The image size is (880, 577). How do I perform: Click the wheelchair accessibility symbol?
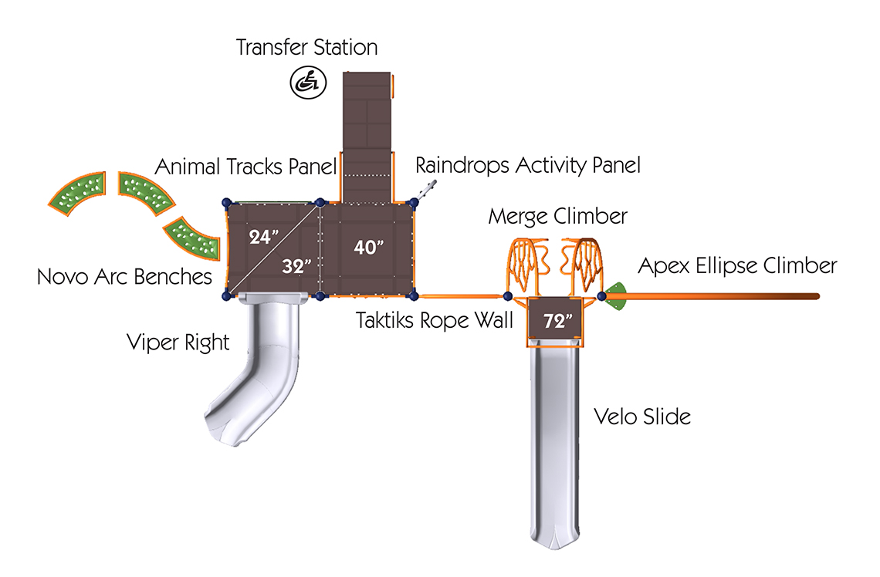coord(308,83)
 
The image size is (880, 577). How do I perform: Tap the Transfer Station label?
coord(306,48)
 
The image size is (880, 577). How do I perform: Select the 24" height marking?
coord(263,237)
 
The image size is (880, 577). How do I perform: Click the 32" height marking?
coord(296,266)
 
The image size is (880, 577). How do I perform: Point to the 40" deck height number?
coord(369,247)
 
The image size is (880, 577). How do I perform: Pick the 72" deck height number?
coord(558,321)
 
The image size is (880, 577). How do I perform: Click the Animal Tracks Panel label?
coord(245,167)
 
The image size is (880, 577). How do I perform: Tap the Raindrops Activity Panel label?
coord(527,165)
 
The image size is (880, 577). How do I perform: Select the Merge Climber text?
coord(557,217)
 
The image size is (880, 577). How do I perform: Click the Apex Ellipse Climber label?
coord(737,266)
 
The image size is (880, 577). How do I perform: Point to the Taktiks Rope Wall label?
coord(435,320)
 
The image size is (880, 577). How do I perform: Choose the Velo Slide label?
coord(642,417)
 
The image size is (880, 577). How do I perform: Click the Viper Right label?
coord(178,342)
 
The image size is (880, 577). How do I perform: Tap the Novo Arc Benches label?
coord(124,276)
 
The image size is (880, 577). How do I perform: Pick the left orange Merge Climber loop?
coord(527,265)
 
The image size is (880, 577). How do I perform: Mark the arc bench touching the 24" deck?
coord(192,238)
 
